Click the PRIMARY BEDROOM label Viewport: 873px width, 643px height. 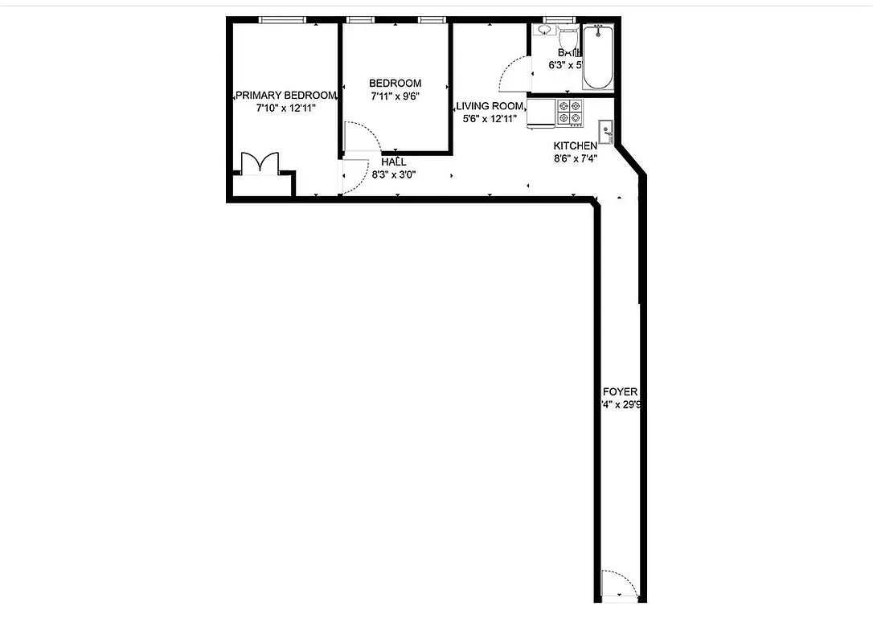pos(285,95)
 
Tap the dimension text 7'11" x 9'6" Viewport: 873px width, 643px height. pos(395,96)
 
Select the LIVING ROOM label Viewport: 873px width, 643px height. pos(490,106)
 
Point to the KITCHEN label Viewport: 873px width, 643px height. pos(576,145)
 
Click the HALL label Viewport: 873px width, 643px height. pos(394,162)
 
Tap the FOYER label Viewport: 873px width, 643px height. pos(620,392)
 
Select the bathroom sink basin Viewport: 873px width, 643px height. pos(544,30)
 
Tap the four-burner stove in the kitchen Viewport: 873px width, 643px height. pos(571,112)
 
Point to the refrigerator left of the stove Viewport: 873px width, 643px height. pos(541,113)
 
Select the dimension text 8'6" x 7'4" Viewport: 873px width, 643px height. pos(576,158)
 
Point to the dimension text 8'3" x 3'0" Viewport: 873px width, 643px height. pos(394,174)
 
